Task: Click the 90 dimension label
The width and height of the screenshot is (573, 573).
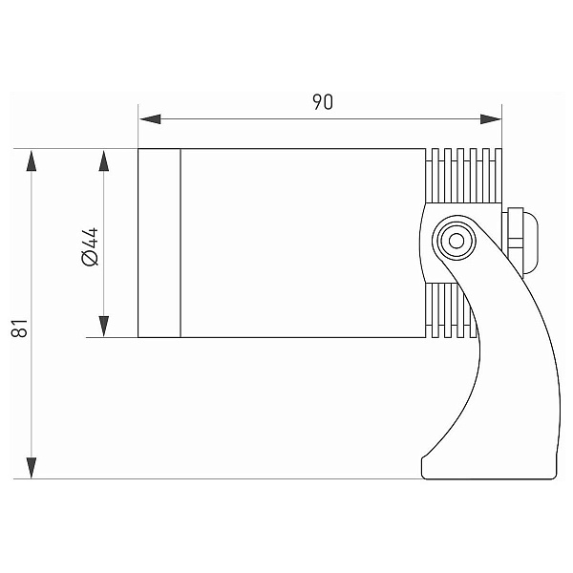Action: click(x=323, y=102)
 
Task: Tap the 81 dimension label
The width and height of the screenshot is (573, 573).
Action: click(x=20, y=328)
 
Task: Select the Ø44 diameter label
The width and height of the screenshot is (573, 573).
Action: click(x=91, y=246)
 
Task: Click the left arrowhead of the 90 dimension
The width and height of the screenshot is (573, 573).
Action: click(x=150, y=119)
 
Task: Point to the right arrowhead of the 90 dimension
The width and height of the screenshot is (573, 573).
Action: click(x=491, y=119)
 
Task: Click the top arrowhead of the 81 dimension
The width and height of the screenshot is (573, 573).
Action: click(x=32, y=160)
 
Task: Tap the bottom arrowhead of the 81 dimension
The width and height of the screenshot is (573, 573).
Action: click(x=32, y=468)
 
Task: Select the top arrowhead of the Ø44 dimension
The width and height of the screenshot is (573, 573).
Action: click(x=104, y=160)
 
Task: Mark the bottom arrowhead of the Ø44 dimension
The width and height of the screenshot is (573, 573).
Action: click(x=104, y=326)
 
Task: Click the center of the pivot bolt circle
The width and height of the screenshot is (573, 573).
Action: click(x=456, y=241)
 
